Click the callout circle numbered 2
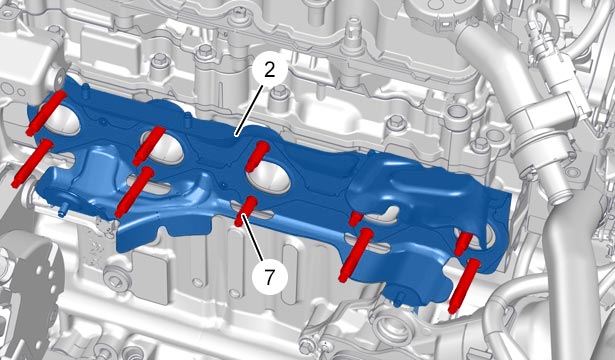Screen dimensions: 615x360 point(269,70)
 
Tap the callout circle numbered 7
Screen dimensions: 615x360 point(269,278)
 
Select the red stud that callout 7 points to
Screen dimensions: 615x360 point(246,211)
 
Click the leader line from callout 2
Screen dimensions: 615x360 point(249,110)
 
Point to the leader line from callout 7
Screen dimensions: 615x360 point(252,238)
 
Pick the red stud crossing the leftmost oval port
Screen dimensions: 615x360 point(47,113)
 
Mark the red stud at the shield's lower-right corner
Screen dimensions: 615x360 point(464,285)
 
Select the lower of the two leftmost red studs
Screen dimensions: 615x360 point(32,163)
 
